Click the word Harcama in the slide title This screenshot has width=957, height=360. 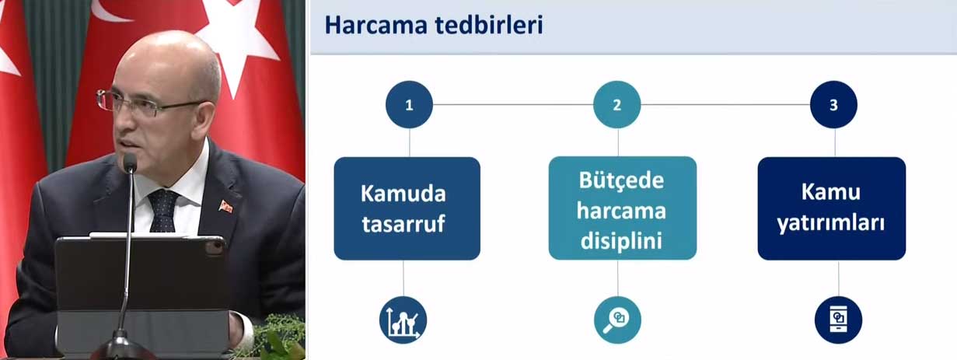[x=376, y=25]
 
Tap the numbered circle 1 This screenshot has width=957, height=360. [x=409, y=105]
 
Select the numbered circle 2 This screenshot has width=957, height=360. [x=617, y=105]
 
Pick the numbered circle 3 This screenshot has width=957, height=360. [x=833, y=105]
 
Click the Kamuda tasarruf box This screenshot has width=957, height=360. [x=407, y=208]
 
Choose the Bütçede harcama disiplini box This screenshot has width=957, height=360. [x=623, y=208]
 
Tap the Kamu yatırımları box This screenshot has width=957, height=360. [x=832, y=208]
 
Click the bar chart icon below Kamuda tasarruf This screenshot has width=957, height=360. [x=403, y=320]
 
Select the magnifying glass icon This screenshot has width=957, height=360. [x=617, y=320]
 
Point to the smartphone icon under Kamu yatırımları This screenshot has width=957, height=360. [x=838, y=320]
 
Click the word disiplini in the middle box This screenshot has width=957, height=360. [x=621, y=241]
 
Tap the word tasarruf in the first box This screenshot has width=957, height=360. [x=403, y=224]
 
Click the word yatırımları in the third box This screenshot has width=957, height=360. [x=831, y=224]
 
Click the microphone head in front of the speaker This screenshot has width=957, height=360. [x=130, y=163]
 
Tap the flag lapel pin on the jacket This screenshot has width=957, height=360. [x=225, y=207]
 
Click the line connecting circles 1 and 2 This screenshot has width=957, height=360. [x=513, y=104]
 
